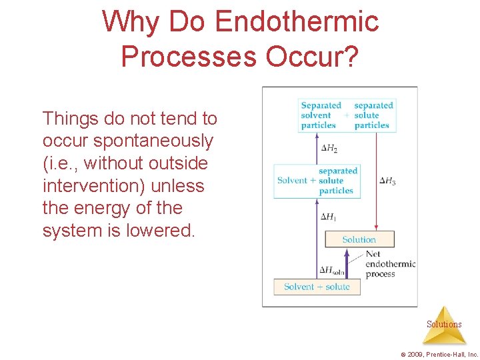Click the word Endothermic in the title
(x=297, y=22)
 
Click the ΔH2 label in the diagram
(x=328, y=147)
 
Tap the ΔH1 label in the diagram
(x=328, y=217)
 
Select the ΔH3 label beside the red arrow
(x=387, y=181)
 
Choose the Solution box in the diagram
(x=359, y=239)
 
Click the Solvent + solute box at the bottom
(x=317, y=287)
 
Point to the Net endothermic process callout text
(x=389, y=264)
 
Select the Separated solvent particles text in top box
(x=320, y=115)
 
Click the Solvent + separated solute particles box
(x=317, y=181)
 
